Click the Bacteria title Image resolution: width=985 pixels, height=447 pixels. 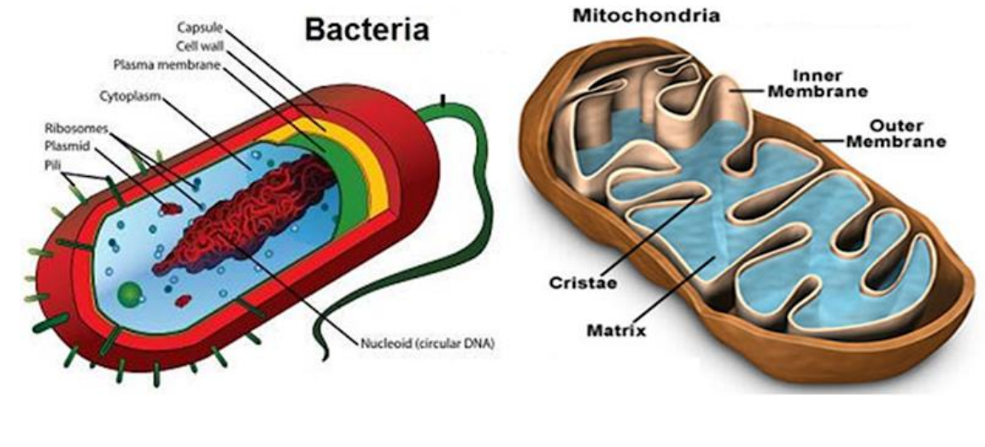366,31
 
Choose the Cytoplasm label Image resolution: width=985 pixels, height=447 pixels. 131,97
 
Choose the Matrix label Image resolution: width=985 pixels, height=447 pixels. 609,328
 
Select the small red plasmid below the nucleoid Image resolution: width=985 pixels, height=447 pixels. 183,300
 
